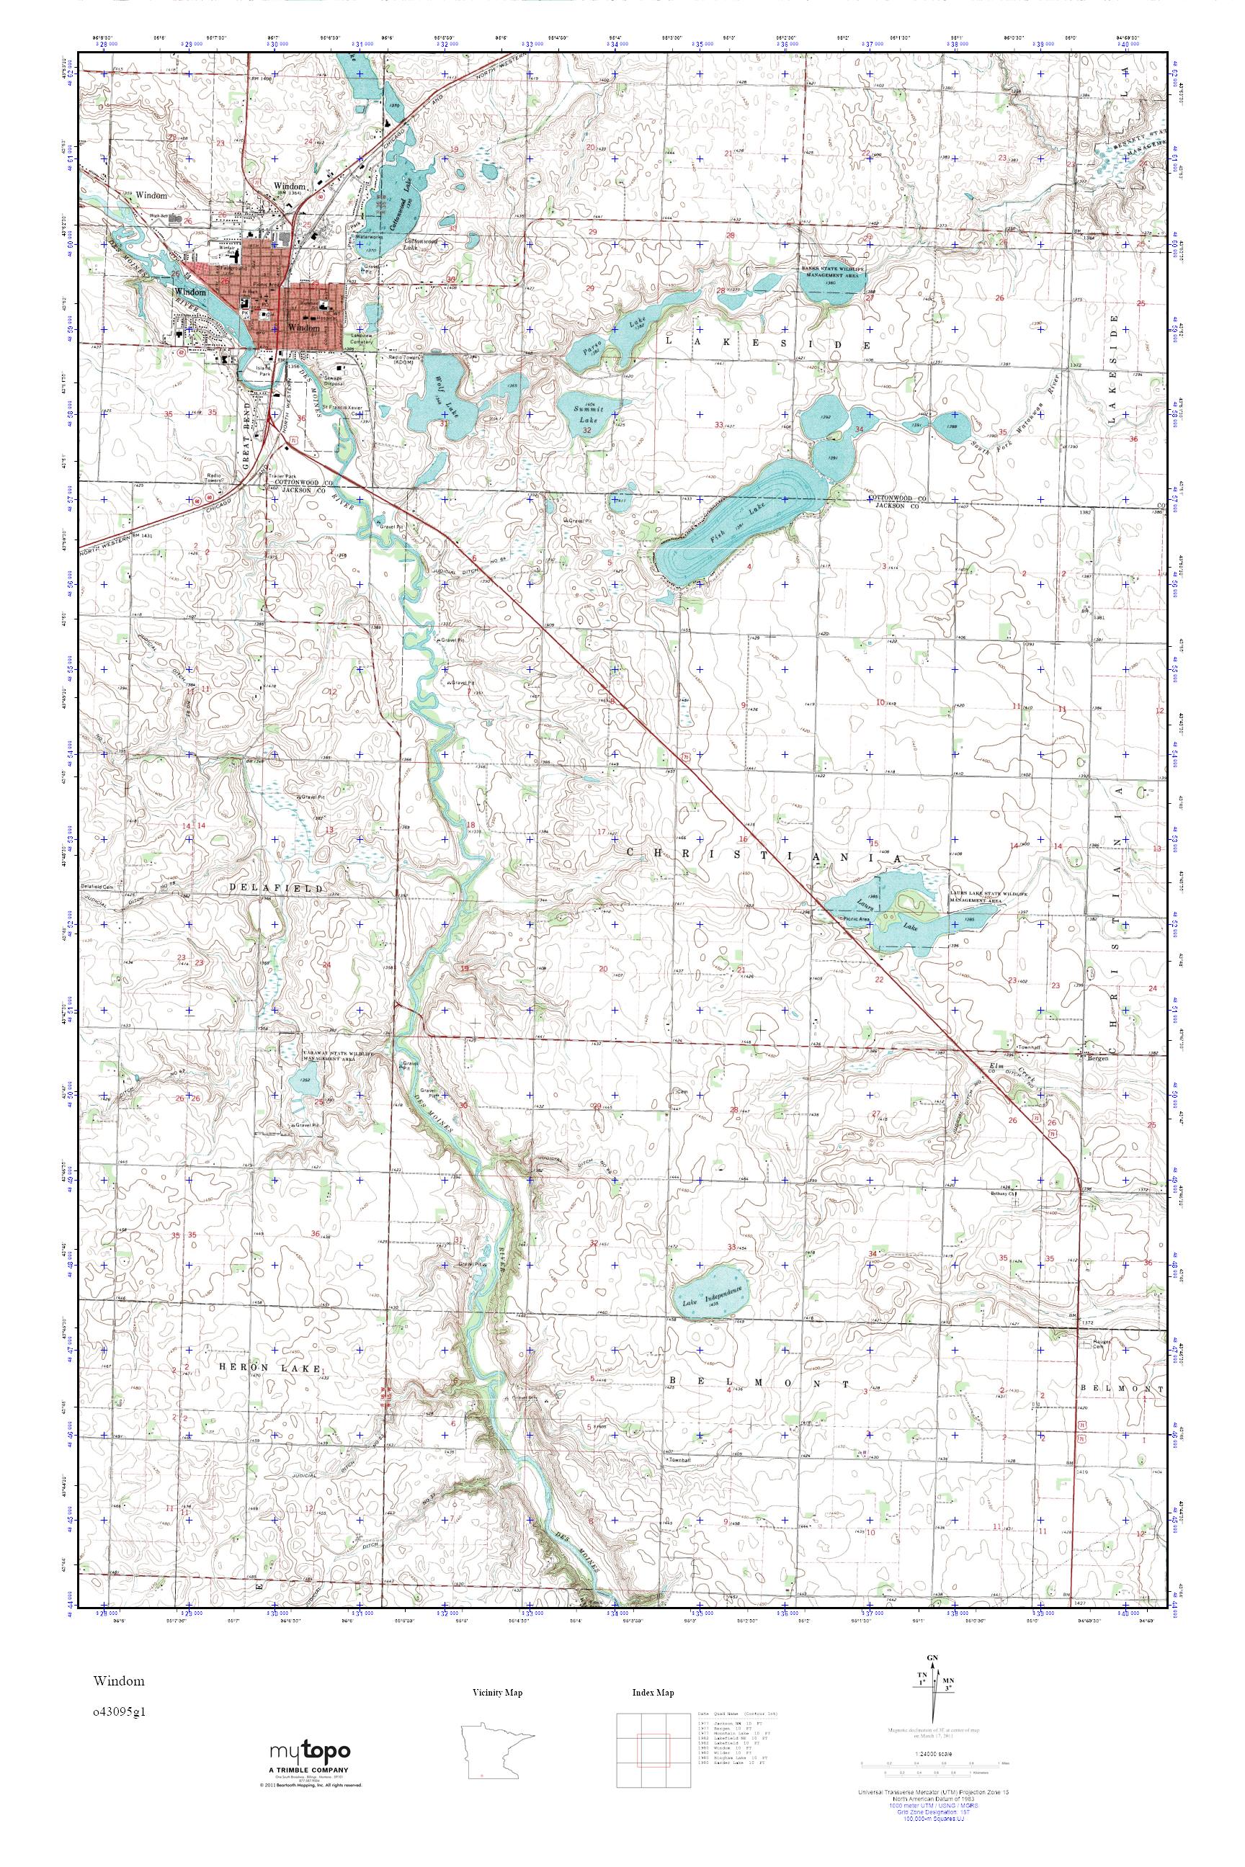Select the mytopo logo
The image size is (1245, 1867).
point(309,1752)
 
